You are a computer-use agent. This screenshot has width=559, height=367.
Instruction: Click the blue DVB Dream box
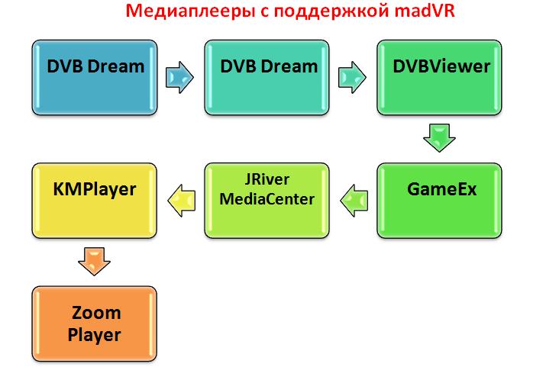tap(95, 77)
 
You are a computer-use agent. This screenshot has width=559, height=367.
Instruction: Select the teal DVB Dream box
tap(267, 77)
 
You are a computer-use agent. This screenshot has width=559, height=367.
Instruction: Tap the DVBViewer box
tap(439, 77)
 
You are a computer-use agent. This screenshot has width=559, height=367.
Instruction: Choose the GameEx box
tap(439, 201)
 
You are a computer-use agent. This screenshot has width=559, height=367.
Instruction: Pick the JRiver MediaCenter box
tap(267, 201)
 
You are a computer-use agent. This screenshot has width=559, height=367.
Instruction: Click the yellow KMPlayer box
tap(95, 201)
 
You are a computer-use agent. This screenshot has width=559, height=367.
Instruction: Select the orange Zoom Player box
tap(95, 324)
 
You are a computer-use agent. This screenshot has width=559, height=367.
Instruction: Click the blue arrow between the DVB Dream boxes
tap(179, 77)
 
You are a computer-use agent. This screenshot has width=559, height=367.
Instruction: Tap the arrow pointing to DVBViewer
tap(352, 77)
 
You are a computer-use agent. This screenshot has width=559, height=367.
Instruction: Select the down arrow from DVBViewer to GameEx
tap(439, 138)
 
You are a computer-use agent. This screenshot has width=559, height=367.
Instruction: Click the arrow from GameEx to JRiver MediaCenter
tap(354, 201)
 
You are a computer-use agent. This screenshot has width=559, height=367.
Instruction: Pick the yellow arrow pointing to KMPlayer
tap(182, 201)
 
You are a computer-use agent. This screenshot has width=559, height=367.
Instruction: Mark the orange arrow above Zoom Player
tap(95, 262)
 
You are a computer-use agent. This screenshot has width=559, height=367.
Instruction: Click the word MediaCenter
tap(267, 199)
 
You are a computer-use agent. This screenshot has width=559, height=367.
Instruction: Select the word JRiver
tap(267, 179)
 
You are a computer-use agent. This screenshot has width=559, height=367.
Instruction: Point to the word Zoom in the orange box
tap(96, 313)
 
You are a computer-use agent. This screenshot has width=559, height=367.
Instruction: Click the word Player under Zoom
tap(95, 335)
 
